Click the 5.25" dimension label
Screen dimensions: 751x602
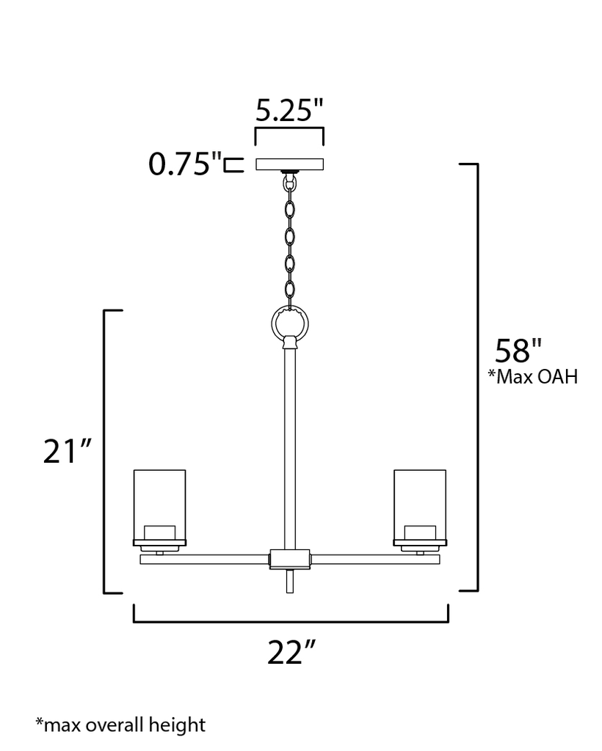click(x=289, y=111)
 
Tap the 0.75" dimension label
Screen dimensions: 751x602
click(x=184, y=164)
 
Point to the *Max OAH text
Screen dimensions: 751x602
click(x=533, y=377)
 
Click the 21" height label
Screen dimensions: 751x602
click(x=67, y=452)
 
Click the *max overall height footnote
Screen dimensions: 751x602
click(x=121, y=725)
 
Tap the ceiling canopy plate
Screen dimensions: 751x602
click(x=290, y=164)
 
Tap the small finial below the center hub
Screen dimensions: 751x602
click(x=289, y=581)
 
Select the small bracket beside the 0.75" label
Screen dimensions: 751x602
click(x=234, y=164)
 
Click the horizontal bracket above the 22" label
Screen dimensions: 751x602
click(x=291, y=620)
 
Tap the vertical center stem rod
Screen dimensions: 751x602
click(x=289, y=447)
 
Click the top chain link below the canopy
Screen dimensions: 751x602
click(x=290, y=185)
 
